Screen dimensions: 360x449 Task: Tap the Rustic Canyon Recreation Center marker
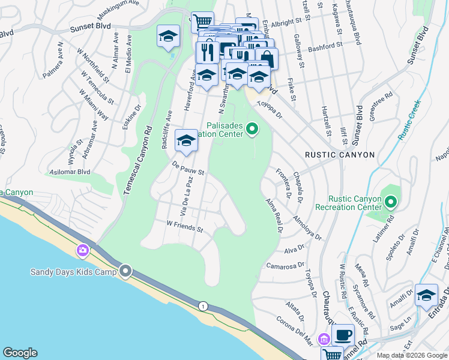pyautogui.click(x=391, y=202)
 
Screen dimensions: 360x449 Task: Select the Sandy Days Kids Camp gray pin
pyautogui.click(x=125, y=272)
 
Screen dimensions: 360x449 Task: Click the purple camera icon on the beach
pyautogui.click(x=83, y=250)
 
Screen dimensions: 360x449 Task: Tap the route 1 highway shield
pyautogui.click(x=203, y=306)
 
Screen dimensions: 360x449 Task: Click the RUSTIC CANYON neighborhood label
pyautogui.click(x=340, y=155)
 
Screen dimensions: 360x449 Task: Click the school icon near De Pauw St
pyautogui.click(x=186, y=140)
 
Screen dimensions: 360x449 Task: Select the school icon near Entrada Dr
pyautogui.click(x=426, y=295)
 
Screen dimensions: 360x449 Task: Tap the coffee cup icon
pyautogui.click(x=343, y=335)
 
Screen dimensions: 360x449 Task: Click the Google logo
pyautogui.click(x=20, y=353)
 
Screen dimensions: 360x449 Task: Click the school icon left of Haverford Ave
pyautogui.click(x=168, y=37)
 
